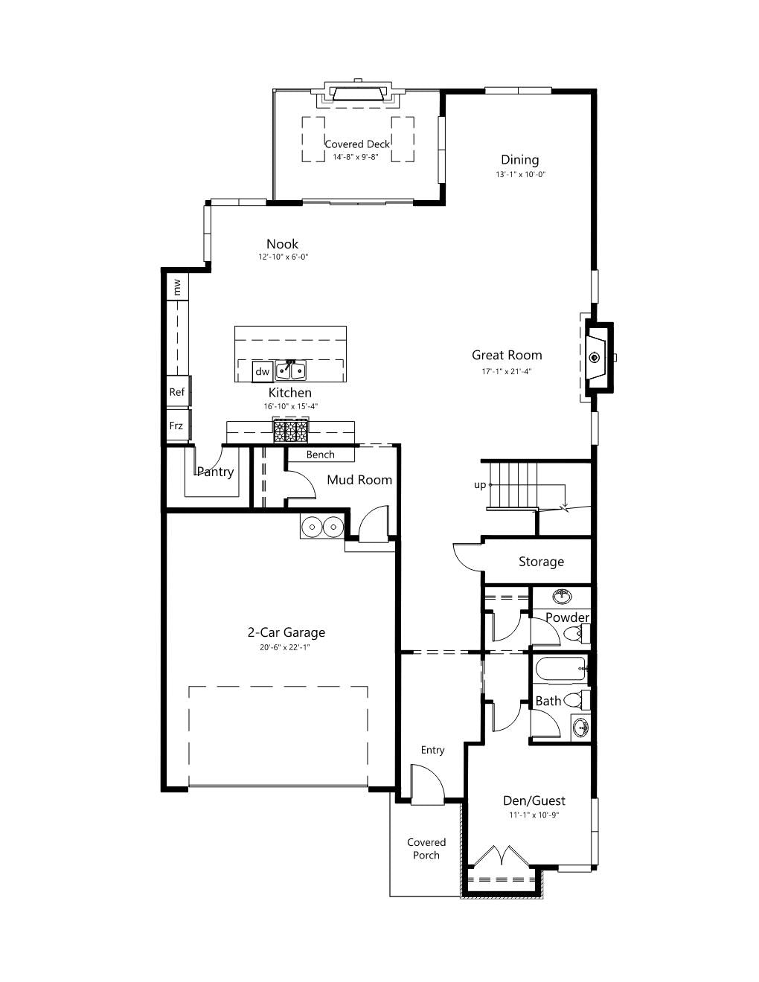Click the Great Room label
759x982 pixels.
pyautogui.click(x=507, y=355)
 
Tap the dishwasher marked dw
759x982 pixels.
pyautogui.click(x=262, y=371)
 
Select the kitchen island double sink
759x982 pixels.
pyautogui.click(x=291, y=370)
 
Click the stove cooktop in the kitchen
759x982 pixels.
pyautogui.click(x=291, y=431)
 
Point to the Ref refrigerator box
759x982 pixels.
pyautogui.click(x=178, y=391)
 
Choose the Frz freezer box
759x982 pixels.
pyautogui.click(x=178, y=425)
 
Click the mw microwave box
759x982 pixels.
pyautogui.click(x=177, y=286)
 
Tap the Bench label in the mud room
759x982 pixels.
pyautogui.click(x=321, y=455)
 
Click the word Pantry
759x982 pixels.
pyautogui.click(x=216, y=472)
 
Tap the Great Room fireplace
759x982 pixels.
pyautogui.click(x=598, y=357)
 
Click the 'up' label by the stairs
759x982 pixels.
pyautogui.click(x=480, y=485)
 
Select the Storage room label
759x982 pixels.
pyautogui.click(x=541, y=562)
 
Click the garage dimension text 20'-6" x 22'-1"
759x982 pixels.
pyautogui.click(x=285, y=647)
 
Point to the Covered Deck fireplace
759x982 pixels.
pyautogui.click(x=358, y=93)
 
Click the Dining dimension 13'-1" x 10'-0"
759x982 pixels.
pyautogui.click(x=521, y=174)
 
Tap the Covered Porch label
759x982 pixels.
pyautogui.click(x=426, y=849)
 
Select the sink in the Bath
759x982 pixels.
pyautogui.click(x=580, y=728)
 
